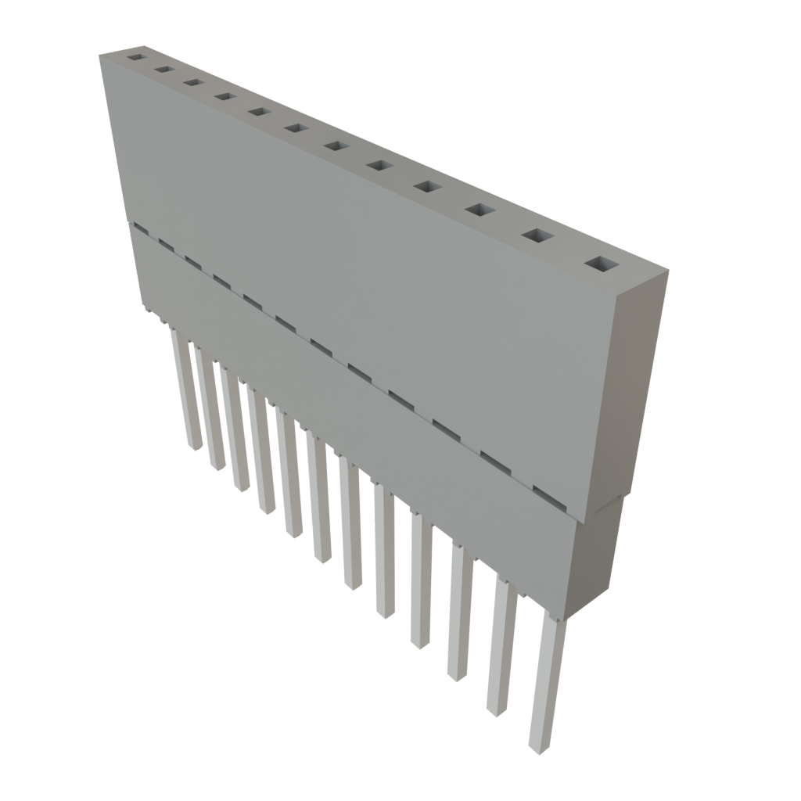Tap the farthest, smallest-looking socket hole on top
(x=136, y=57)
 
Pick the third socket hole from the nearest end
(x=480, y=210)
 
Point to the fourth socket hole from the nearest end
(x=428, y=187)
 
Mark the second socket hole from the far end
(x=163, y=70)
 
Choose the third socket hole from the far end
(x=193, y=82)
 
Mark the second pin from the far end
(x=208, y=411)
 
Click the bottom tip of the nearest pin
(x=538, y=747)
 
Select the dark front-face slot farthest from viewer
(x=140, y=228)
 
